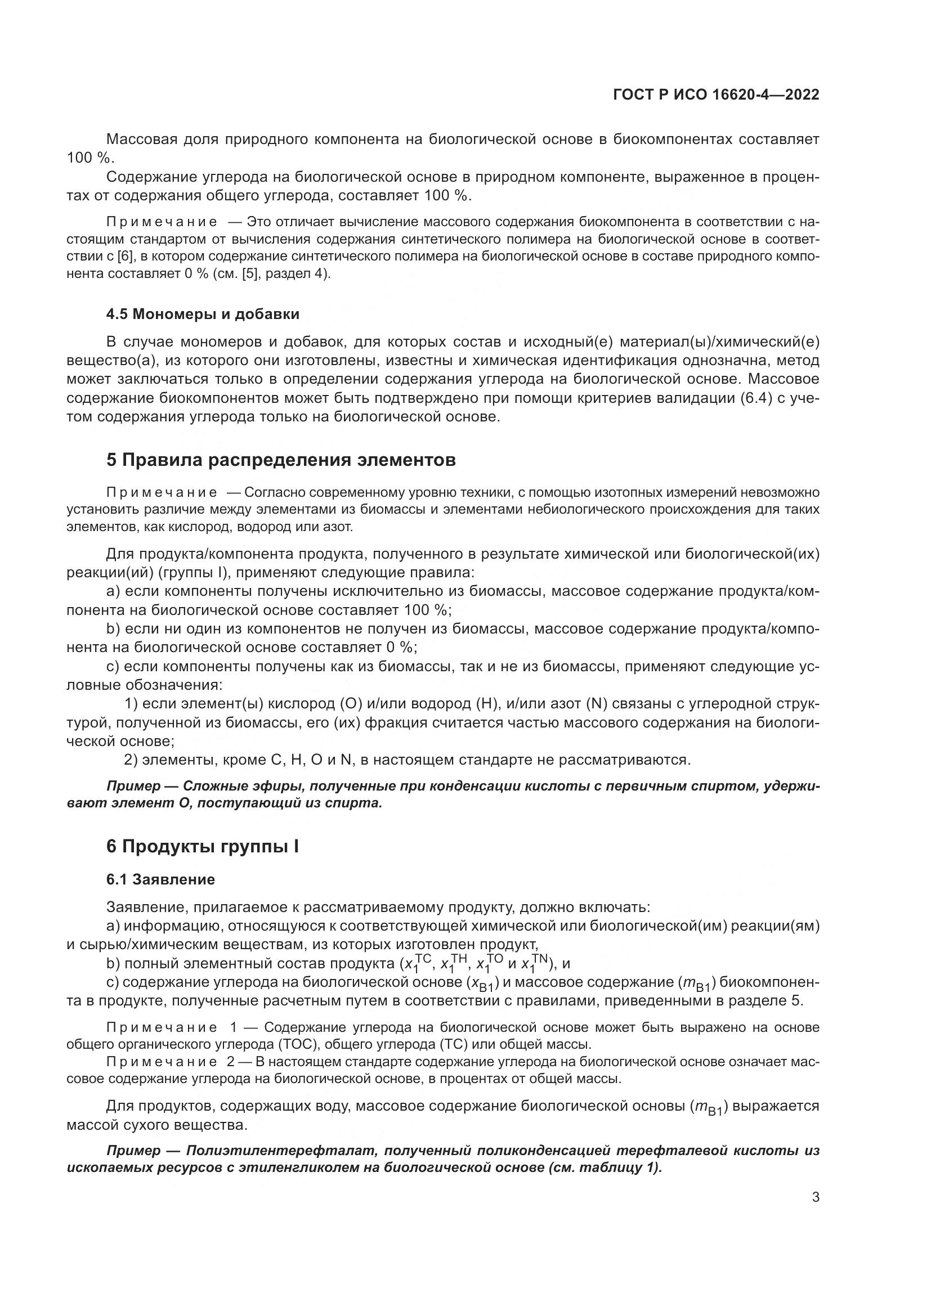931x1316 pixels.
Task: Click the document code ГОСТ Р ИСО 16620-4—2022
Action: pos(716,95)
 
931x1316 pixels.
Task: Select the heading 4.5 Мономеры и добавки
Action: pos(203,314)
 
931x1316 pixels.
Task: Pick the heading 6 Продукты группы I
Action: pos(203,847)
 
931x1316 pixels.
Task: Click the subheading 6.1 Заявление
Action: pos(160,879)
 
